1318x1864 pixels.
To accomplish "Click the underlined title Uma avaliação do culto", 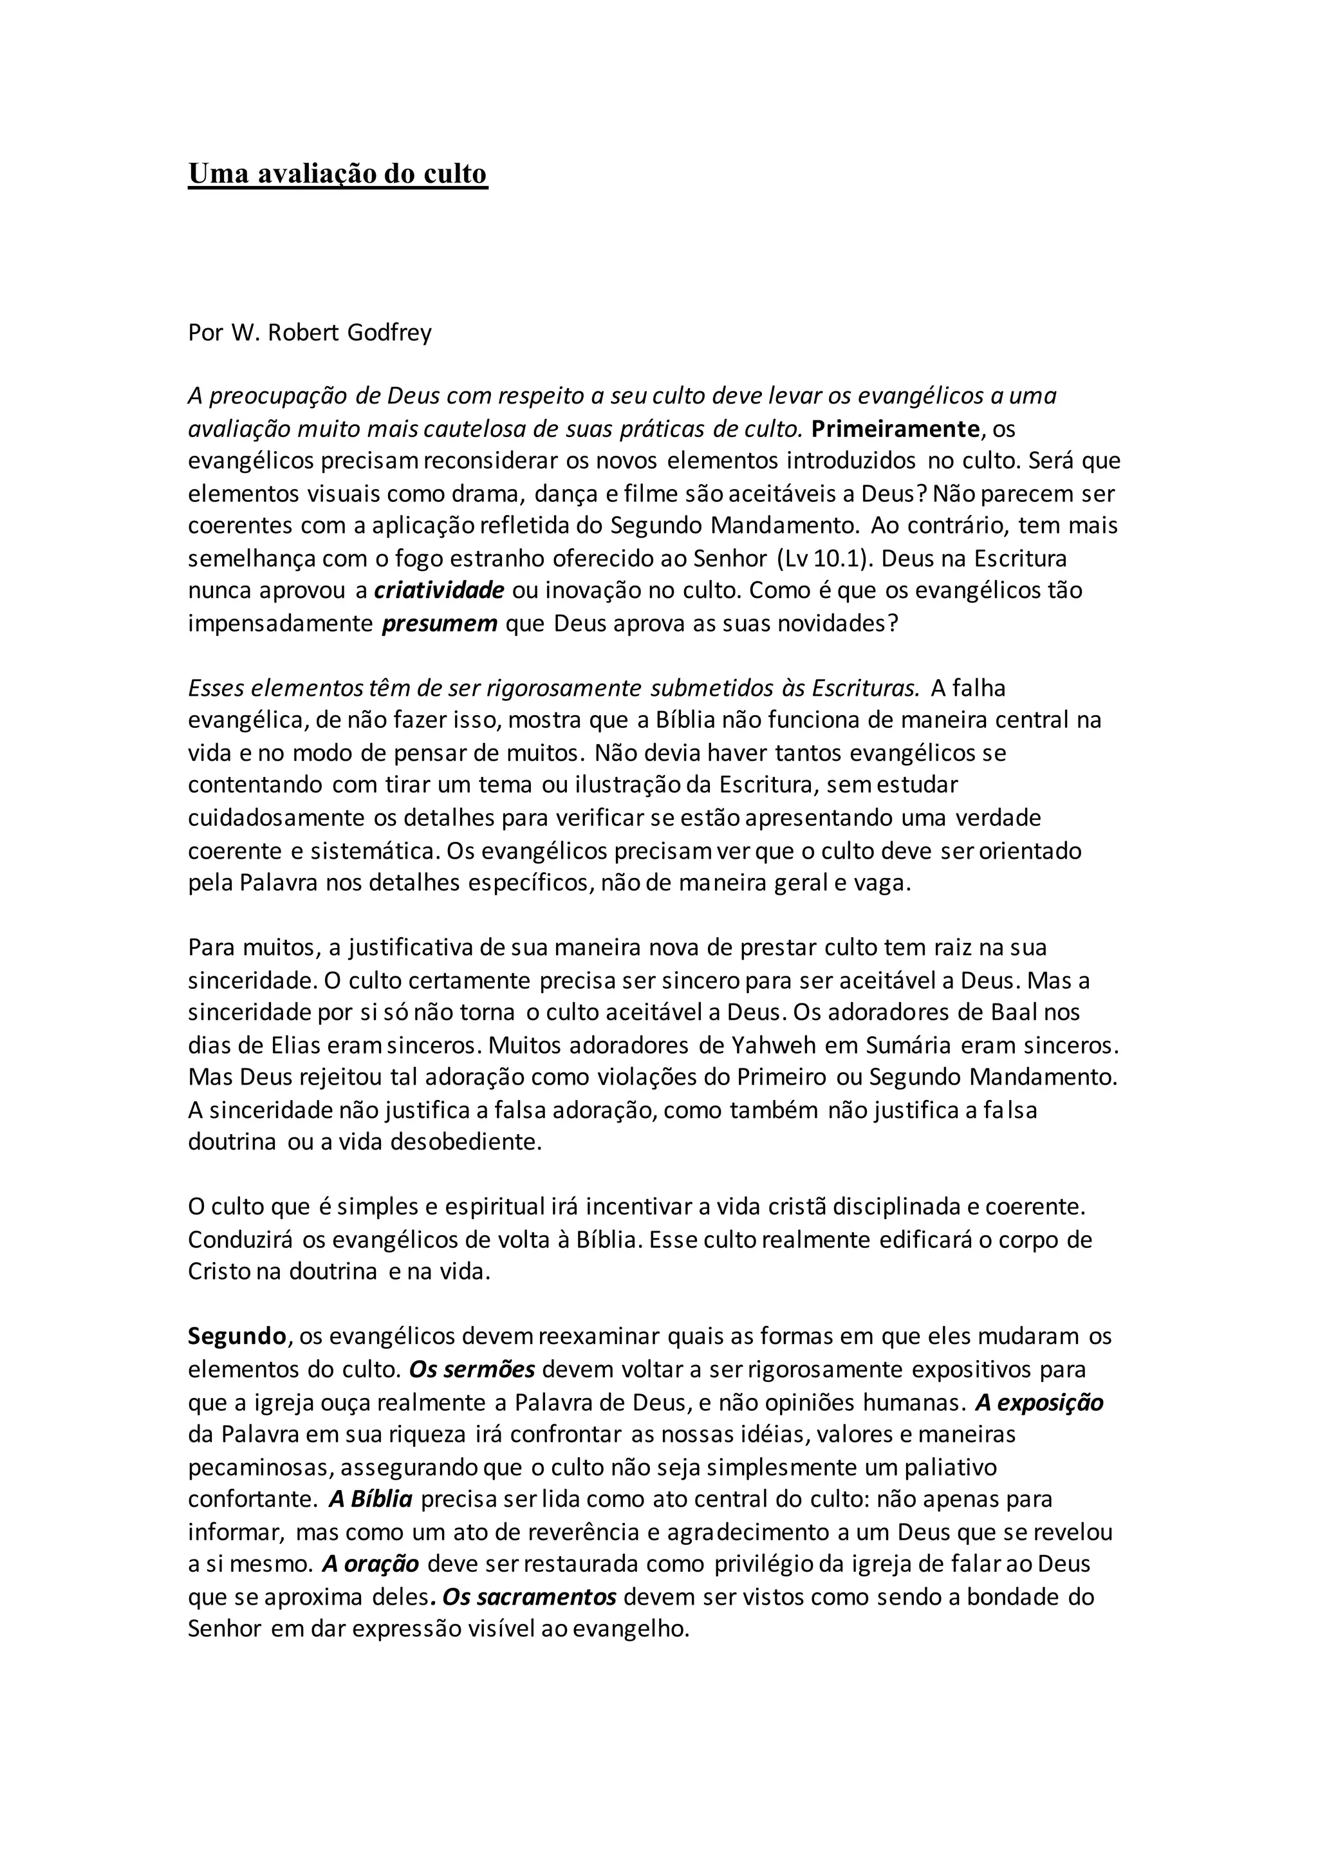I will (x=338, y=174).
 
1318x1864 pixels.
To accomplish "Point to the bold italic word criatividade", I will (x=439, y=590).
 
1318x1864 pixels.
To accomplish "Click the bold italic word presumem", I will (x=439, y=624).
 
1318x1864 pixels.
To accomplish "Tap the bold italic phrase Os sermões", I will (x=472, y=1369).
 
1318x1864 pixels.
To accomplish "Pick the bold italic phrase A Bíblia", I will (x=370, y=1498).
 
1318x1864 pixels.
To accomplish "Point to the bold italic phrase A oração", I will (x=370, y=1563).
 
